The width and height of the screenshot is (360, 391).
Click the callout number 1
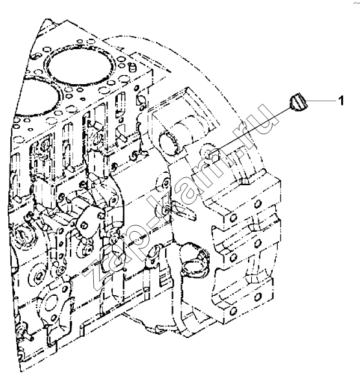341,100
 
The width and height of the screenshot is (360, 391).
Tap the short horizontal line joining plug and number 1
321,101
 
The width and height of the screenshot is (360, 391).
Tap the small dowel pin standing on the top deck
133,67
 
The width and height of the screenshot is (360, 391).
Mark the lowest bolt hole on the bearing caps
232,311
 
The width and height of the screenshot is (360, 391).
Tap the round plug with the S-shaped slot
22,235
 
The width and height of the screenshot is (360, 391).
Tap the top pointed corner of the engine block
47,19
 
